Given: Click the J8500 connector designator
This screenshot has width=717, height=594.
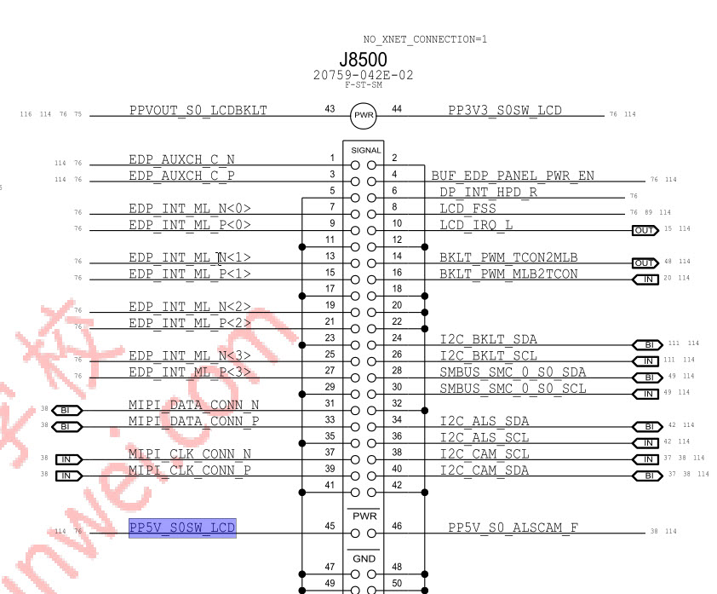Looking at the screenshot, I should coord(363,60).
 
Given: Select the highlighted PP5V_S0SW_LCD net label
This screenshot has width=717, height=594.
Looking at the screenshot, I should coord(181,528).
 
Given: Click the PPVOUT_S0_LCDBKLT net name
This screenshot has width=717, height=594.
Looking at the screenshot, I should coord(198,110).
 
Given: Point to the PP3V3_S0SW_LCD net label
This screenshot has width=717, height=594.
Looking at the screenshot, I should coord(505,110).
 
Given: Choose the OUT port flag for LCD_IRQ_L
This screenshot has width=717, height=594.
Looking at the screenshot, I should coord(645,230).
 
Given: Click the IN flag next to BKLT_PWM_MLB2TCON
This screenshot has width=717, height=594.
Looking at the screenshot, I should coord(645,279).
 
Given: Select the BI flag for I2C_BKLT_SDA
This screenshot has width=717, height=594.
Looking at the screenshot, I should coord(646,344).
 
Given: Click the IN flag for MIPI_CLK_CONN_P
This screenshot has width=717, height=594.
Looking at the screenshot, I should coord(68,476).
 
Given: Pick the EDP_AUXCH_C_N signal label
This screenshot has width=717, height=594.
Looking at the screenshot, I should coord(181,159).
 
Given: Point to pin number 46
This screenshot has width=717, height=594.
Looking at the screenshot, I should coord(397,527).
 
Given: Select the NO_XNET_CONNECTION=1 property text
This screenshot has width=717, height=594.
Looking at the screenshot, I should coord(425,39).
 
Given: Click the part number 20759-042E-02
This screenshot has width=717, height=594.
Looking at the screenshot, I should coord(364,75).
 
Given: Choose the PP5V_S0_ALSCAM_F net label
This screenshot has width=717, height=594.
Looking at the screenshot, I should coord(513,528).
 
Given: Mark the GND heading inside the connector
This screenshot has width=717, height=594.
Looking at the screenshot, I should coord(364,558).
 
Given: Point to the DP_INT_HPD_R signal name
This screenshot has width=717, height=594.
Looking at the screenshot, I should coord(488,192).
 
